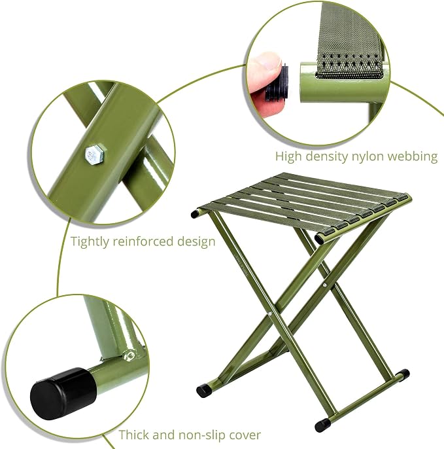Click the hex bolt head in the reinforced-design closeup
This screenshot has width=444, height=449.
95,155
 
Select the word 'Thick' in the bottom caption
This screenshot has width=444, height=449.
134,435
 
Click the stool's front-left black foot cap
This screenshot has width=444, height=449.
204,391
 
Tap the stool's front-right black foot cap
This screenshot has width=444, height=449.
322,425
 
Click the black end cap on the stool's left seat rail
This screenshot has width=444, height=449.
196,213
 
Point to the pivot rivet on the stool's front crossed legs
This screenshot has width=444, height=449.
270,314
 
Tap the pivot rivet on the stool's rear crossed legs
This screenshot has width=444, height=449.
325,285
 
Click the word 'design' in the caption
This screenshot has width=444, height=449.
196,242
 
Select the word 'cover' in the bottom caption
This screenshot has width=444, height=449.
246,435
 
